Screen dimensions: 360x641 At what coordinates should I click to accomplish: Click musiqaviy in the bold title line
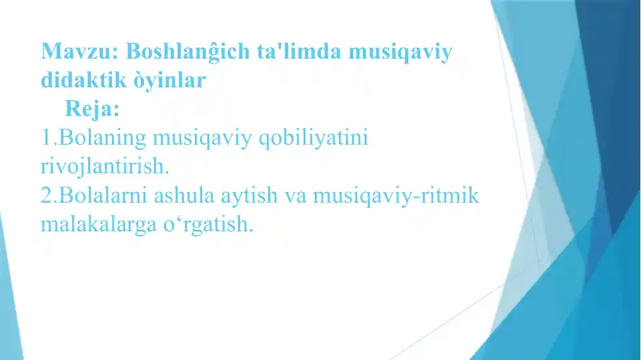398,51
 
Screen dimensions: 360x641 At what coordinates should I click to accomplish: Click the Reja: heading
92,108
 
